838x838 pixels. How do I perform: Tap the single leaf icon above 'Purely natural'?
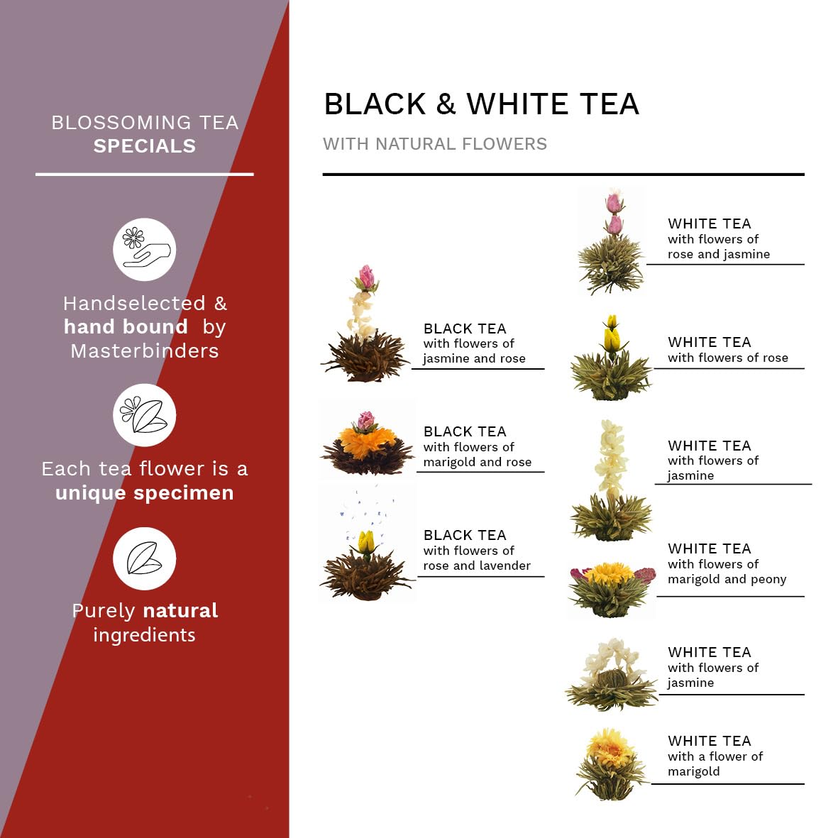point(144,558)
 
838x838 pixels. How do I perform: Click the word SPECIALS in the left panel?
point(145,146)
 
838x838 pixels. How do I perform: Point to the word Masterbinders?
point(145,351)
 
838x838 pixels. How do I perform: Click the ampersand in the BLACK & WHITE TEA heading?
point(446,104)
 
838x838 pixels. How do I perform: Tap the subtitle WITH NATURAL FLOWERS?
point(435,144)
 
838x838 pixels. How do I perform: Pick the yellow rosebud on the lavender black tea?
point(366,542)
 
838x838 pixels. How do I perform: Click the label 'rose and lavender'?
point(477,566)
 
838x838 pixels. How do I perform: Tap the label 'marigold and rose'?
point(478,462)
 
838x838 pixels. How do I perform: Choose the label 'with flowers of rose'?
point(728,358)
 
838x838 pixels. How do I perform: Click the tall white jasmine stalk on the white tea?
point(612,460)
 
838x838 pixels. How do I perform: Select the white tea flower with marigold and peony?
point(612,589)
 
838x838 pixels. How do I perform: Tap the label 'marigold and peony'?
point(727,579)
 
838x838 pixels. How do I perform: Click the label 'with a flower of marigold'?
point(715,763)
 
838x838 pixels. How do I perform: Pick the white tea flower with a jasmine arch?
point(612,675)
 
